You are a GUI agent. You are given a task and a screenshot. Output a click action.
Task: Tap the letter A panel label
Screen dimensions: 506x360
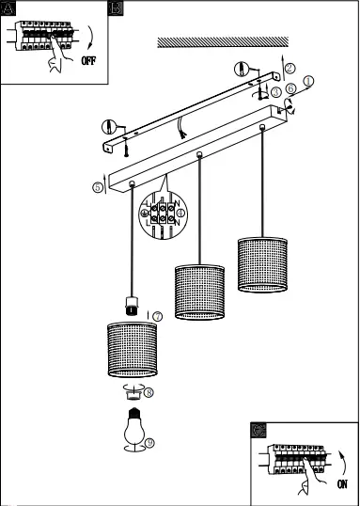tap(8, 8)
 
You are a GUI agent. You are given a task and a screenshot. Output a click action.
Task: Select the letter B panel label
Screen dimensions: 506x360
tap(117, 8)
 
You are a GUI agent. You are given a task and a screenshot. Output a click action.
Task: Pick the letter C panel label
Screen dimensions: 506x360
tap(258, 429)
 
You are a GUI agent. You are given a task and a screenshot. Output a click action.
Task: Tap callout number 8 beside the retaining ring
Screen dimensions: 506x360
tap(149, 392)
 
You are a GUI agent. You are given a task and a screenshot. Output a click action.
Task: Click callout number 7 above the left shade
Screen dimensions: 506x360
tap(157, 317)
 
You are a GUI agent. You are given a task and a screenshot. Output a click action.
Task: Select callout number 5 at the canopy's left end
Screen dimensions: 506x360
tap(99, 187)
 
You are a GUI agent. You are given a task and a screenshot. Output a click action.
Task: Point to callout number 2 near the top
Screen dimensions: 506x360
tap(290, 68)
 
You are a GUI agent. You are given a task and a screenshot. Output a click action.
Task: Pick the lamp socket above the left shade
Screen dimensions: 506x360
tap(133, 304)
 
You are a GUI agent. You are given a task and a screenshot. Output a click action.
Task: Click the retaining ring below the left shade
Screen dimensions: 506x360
tap(133, 391)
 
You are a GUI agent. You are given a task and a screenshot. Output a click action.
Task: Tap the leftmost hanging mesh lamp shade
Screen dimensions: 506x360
tap(133, 349)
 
